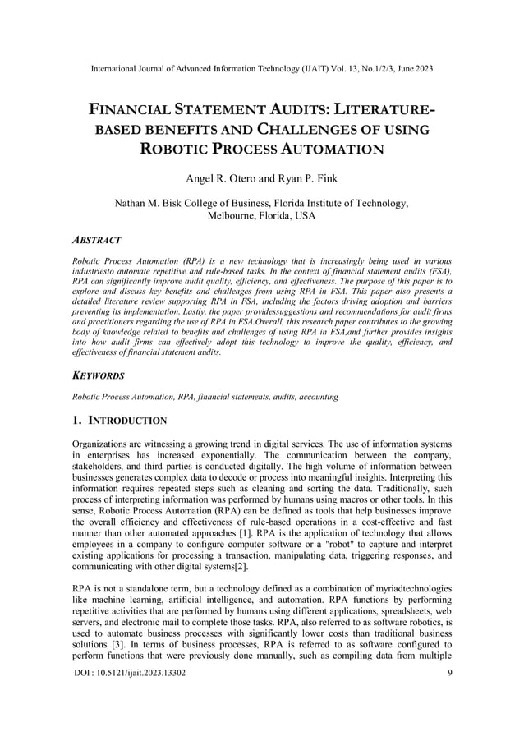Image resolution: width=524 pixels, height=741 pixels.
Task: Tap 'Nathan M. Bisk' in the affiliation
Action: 150,202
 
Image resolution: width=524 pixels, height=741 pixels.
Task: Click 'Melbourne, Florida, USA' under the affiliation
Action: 262,215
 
